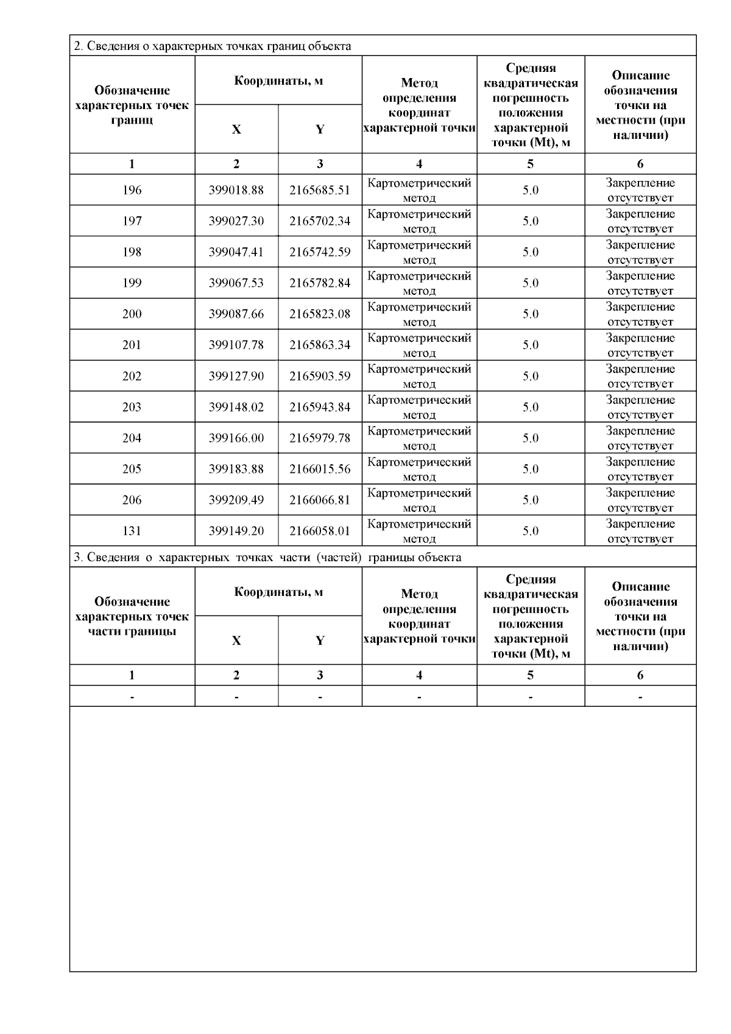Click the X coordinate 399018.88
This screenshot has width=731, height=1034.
point(236,190)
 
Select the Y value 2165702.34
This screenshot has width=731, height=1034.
point(320,221)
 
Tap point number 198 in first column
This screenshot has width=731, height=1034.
point(132,252)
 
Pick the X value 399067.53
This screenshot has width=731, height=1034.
point(236,283)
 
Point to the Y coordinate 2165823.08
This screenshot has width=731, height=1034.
point(320,314)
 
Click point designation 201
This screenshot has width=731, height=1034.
point(132,345)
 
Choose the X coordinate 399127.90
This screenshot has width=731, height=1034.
point(236,376)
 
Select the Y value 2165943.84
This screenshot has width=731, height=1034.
point(320,407)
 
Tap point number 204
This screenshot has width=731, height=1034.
point(132,438)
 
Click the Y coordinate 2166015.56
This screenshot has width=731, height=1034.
point(320,469)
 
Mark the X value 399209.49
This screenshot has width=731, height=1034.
point(236,500)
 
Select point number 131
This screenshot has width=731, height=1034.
point(132,531)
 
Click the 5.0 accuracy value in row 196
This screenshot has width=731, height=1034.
point(531,190)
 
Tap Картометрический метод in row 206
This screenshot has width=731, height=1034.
point(419,500)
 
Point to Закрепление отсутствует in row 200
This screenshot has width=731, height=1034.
point(640,314)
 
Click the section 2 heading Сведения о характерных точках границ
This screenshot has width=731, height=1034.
point(212,46)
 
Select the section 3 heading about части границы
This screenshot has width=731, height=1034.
point(267,558)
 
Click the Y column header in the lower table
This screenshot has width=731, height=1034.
point(320,640)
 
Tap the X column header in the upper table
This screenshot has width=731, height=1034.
point(236,129)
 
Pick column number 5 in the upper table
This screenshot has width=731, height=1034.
point(531,164)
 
